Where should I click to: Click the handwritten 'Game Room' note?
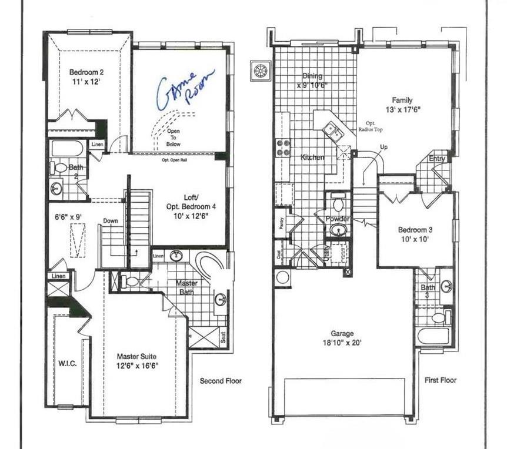pos(184,90)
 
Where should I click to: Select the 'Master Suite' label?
pos(136,357)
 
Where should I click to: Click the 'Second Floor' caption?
pos(221,381)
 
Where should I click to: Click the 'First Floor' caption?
pos(440,380)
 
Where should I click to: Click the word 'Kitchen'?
pos(312,158)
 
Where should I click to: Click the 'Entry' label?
pos(437,159)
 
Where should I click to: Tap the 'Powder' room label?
pos(338,219)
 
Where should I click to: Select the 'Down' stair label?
pos(110,221)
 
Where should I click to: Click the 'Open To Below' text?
pos(174,138)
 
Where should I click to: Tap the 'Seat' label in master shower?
pos(223,338)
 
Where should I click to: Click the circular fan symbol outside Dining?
pos(259,71)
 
